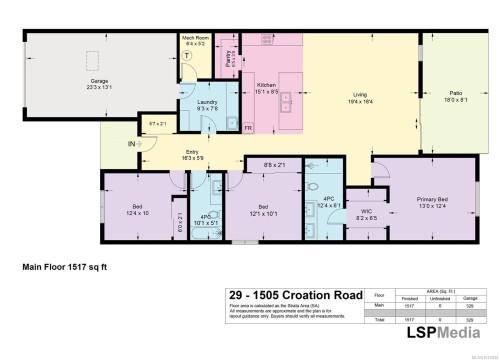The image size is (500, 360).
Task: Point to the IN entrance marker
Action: (x=131, y=143)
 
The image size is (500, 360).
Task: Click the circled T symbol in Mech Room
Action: (x=186, y=58)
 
